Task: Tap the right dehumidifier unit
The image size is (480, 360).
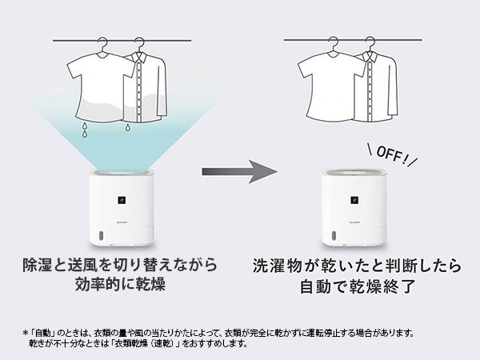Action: (353, 210)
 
